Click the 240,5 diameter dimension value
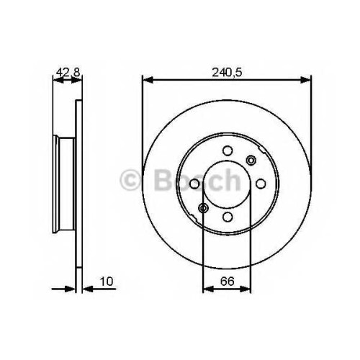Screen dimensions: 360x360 click(x=227, y=72)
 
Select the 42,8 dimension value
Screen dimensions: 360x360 click(x=68, y=72)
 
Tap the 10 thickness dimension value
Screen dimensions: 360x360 click(x=107, y=282)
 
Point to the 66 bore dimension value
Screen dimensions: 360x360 click(x=227, y=282)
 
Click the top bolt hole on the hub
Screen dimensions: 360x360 click(x=228, y=150)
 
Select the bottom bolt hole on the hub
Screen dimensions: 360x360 click(x=228, y=217)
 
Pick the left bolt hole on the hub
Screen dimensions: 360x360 click(x=194, y=184)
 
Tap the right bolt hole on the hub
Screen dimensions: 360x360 click(x=261, y=184)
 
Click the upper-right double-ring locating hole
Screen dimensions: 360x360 click(x=251, y=160)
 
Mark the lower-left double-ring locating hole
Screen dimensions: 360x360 click(x=204, y=208)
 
